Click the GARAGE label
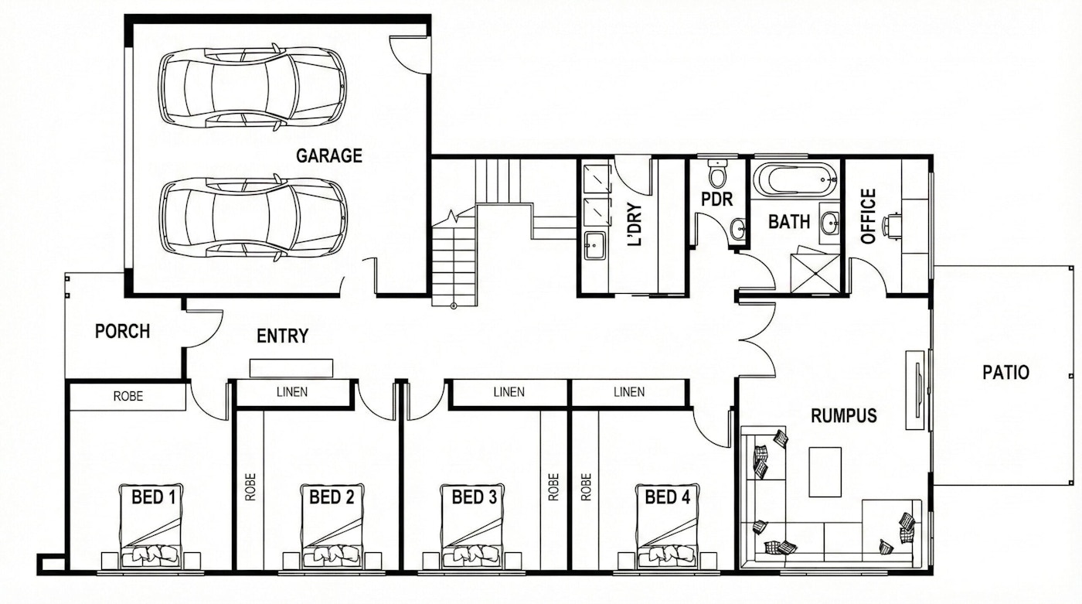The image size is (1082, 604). coord(329,155)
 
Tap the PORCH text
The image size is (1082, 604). coord(122,332)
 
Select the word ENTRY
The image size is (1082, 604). coord(282,336)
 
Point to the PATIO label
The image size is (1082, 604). coord(1005,372)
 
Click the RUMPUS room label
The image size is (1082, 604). coord(843,415)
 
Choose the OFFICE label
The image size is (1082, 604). coord(868,216)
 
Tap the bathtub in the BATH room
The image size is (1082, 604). coord(795,179)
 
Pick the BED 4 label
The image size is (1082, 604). coord(668,497)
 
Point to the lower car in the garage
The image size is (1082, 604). coord(253,218)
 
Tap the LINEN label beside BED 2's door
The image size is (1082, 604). coord(292,392)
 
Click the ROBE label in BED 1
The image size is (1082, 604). coord(128,396)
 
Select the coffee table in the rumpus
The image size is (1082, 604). coord(825,472)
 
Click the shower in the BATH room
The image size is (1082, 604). coord(815,274)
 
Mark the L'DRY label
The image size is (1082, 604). coord(635,224)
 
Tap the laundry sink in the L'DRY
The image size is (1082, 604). coord(594,245)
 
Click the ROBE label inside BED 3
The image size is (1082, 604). coord(553,486)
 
